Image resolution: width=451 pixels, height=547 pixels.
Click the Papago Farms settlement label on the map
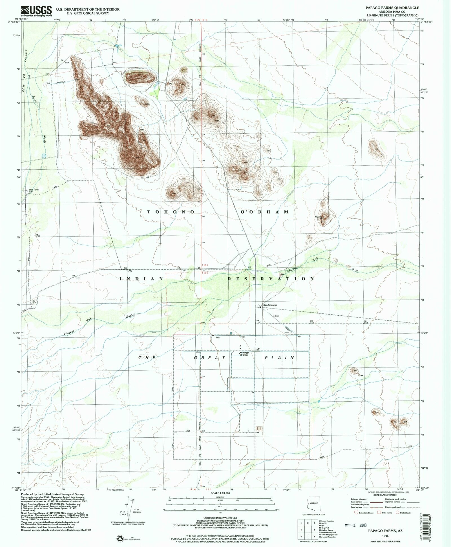point(244,354)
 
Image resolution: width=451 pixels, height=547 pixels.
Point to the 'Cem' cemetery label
point(277,316)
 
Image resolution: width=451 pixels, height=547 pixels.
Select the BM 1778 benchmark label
point(312,322)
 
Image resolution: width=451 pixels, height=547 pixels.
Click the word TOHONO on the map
point(171,212)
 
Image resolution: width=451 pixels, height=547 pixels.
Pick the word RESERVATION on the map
point(271,279)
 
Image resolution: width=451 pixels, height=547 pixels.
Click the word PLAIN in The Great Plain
point(279,358)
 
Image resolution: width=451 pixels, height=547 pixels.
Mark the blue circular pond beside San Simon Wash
point(44,156)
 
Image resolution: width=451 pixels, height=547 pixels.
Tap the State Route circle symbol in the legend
point(398,513)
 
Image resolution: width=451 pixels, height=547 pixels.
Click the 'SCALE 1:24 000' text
point(218,493)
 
